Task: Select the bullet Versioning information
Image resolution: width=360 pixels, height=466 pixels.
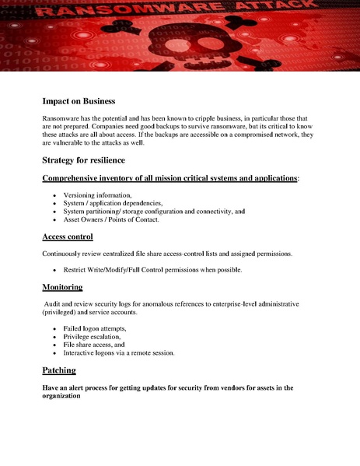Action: click(x=98, y=194)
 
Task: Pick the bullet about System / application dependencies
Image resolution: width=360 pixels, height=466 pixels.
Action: click(x=113, y=202)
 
